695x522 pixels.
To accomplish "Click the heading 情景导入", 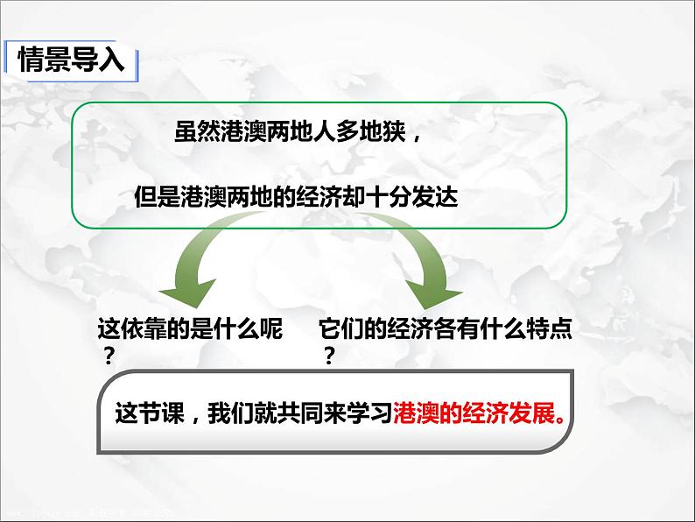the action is [x=71, y=60].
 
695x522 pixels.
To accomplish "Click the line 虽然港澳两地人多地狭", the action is [x=290, y=131].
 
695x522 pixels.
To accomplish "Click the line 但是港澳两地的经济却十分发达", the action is [x=296, y=196].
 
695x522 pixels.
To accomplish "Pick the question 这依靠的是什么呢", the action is [x=190, y=328].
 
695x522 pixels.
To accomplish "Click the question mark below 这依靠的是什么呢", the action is [x=109, y=356].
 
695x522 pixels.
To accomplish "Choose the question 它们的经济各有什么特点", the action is [x=445, y=328].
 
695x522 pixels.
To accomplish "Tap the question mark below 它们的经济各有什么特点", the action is [x=328, y=356].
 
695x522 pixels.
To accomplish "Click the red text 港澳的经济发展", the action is [x=474, y=413].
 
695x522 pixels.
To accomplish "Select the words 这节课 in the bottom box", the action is [x=150, y=413].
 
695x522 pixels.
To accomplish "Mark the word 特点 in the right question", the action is [x=549, y=328].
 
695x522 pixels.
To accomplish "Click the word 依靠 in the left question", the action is [x=144, y=328].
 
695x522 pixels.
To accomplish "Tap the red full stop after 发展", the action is [x=561, y=420].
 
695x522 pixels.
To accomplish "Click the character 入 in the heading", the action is [x=112, y=60].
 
